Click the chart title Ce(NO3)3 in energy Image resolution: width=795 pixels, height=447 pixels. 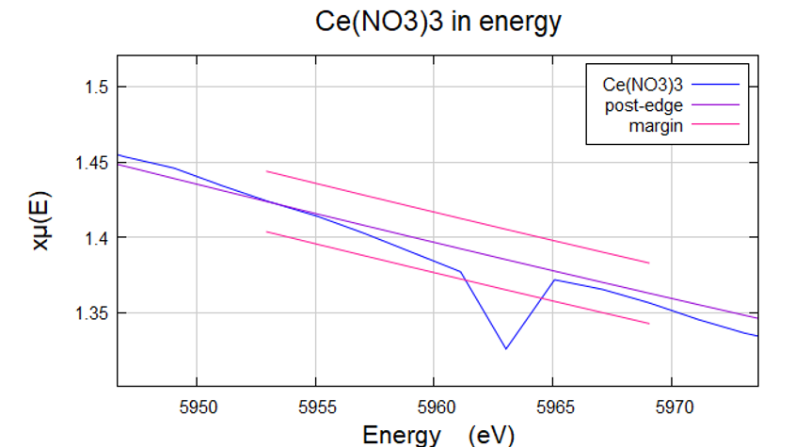(x=437, y=22)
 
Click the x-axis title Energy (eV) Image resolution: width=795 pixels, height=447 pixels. (x=437, y=434)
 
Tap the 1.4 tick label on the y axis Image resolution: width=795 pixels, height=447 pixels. (x=97, y=238)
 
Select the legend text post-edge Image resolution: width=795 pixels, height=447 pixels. (x=643, y=104)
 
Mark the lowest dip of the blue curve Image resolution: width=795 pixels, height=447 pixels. (x=506, y=349)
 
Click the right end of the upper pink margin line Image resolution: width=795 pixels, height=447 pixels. (x=649, y=263)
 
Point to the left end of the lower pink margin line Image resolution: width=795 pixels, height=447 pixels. (x=267, y=231)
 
